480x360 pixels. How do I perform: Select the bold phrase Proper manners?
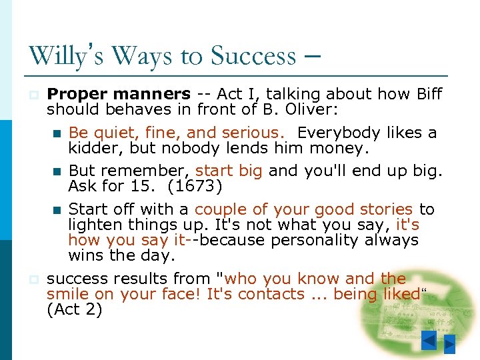pos(119,94)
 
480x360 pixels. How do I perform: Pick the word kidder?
pos(93,148)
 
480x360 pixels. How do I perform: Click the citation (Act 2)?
pos(75,310)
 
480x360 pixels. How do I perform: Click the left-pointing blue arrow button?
pos(429,341)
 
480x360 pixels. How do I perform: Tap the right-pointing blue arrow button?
pos(450,345)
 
